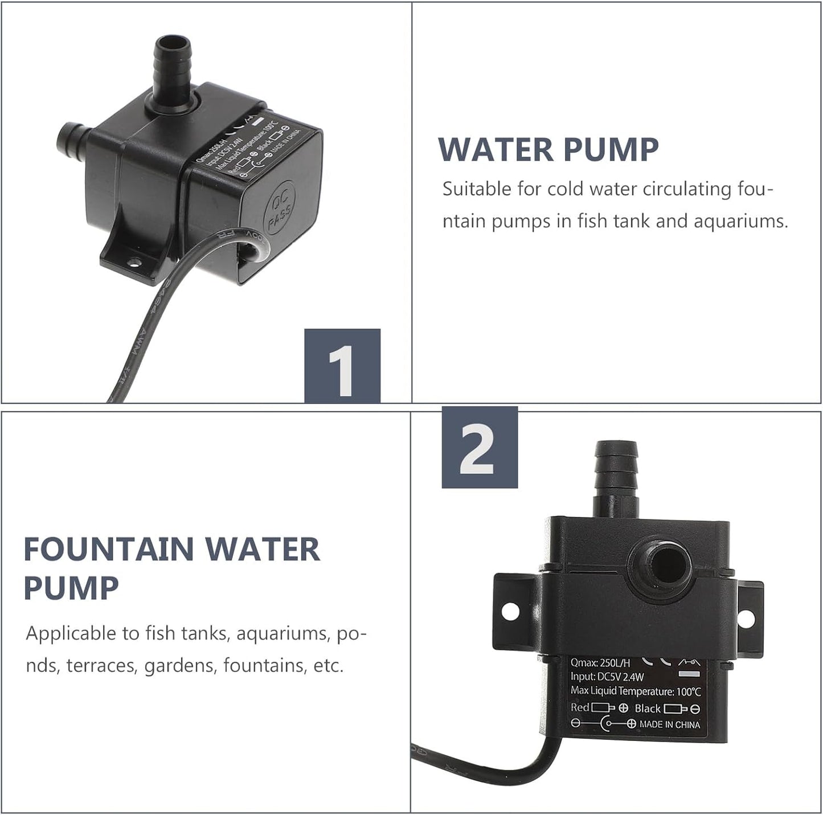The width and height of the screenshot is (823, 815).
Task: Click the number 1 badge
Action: click(342, 366)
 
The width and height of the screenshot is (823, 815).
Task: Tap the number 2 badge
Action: click(480, 447)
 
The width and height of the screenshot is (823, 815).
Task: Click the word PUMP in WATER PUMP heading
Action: click(611, 150)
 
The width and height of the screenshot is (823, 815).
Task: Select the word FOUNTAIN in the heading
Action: click(108, 550)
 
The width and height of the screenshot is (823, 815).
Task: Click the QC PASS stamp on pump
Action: click(279, 207)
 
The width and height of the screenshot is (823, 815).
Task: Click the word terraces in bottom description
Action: click(101, 665)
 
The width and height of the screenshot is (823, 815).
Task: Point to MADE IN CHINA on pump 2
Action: click(669, 724)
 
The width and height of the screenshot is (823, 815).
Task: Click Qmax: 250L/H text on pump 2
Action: click(600, 662)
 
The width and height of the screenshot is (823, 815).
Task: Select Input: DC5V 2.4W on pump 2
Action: click(607, 677)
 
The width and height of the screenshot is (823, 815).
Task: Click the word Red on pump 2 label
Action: click(580, 707)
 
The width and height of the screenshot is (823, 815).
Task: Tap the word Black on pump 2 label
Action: click(648, 708)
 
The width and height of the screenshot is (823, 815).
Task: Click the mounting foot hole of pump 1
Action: click(134, 263)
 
